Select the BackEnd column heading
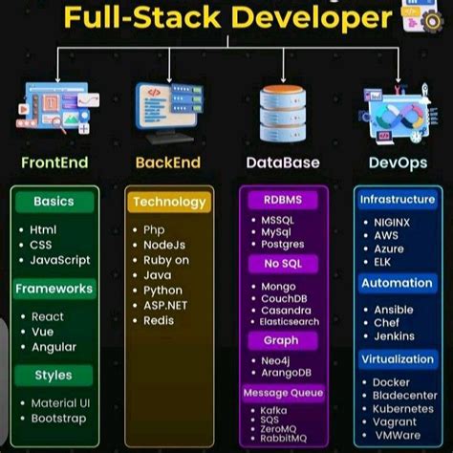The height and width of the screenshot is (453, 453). (x=167, y=162)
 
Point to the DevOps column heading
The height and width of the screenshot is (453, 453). (x=396, y=162)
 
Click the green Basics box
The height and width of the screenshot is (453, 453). (x=54, y=202)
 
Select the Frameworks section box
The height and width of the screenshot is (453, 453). (x=54, y=288)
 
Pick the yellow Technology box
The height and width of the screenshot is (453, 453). (x=169, y=202)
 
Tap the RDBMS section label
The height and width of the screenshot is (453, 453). (x=281, y=200)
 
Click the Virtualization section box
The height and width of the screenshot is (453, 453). (x=397, y=359)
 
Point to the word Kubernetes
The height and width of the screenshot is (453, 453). (x=404, y=407)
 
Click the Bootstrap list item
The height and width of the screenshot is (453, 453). (x=58, y=418)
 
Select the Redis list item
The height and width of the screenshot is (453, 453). (x=160, y=320)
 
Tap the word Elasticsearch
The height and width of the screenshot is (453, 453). (x=288, y=322)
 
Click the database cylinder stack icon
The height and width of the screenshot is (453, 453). (x=282, y=111)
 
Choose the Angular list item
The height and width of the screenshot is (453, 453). (x=54, y=347)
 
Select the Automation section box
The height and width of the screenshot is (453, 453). (x=397, y=283)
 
